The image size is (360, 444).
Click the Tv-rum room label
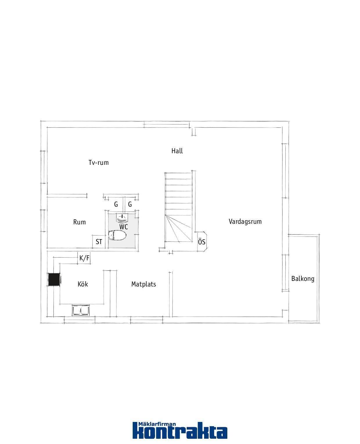coord(98,163)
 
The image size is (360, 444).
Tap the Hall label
coord(177,151)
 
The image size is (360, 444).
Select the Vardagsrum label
coord(245,221)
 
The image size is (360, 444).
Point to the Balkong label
coord(303,279)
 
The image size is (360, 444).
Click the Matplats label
coord(144,284)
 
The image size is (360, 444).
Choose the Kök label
coord(83,284)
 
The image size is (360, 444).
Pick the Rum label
coord(80,222)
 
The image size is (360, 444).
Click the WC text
coord(123,227)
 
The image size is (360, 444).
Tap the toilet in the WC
coord(117,235)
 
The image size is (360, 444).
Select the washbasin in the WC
coord(122,218)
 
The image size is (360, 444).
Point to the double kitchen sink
coord(81,311)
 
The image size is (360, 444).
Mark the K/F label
coord(84,258)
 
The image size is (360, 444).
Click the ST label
coord(99,242)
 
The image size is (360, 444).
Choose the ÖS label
coord(201,242)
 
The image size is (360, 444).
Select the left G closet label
coord(116,204)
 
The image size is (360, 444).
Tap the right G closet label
coord(130,204)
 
